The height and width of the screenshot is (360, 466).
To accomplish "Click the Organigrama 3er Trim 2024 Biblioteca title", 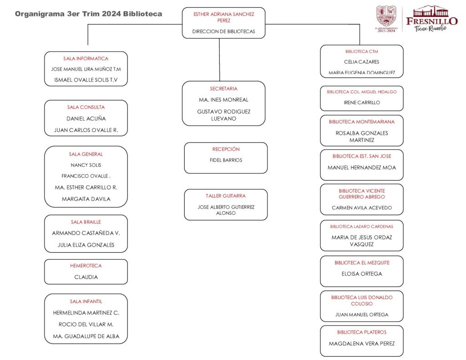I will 88,14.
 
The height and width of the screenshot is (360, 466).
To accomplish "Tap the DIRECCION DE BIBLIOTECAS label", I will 223,32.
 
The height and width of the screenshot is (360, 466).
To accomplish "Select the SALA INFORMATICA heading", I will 86,59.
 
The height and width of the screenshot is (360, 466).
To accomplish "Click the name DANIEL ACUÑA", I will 86,118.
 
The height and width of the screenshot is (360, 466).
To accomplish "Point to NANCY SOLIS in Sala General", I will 86,165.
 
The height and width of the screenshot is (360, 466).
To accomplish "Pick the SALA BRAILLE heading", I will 86,222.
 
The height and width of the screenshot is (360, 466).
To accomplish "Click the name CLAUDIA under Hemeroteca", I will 86,277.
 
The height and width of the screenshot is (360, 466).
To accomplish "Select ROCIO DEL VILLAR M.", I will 86,325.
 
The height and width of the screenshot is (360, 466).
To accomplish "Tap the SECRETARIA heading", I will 223,89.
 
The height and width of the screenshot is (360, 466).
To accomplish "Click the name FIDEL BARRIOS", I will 226,160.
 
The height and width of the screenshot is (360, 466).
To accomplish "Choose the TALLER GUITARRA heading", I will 226,196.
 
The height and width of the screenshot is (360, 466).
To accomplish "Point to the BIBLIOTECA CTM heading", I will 361,52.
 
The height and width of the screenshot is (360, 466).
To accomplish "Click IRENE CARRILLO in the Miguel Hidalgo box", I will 361,103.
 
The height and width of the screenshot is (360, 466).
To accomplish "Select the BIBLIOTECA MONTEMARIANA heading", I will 362,122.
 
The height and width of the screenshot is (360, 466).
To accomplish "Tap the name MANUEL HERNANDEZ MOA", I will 362,167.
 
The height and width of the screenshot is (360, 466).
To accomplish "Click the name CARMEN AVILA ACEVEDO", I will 362,208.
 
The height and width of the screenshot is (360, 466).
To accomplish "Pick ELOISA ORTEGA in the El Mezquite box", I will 362,274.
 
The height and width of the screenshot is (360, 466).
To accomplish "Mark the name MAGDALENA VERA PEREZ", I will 362,344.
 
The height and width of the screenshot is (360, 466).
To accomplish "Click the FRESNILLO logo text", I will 431,21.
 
